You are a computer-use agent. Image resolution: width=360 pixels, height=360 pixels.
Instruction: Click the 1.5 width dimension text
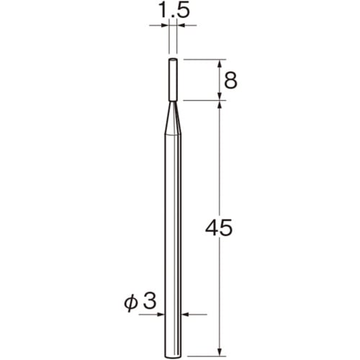173,9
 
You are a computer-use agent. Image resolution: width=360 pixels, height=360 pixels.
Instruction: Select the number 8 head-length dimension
230,81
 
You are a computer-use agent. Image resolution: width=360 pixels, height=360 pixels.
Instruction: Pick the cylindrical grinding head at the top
173,79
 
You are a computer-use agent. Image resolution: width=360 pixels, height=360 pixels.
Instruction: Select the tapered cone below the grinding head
173,115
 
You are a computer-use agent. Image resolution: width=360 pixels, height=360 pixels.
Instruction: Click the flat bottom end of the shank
173,336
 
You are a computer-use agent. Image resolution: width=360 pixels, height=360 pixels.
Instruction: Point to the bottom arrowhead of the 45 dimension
220,332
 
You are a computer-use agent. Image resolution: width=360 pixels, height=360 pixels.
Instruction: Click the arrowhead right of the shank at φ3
184,315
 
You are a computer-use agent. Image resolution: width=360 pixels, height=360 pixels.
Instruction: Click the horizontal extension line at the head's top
205,59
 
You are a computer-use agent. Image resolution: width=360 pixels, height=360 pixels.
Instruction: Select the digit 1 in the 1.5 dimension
162,9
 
